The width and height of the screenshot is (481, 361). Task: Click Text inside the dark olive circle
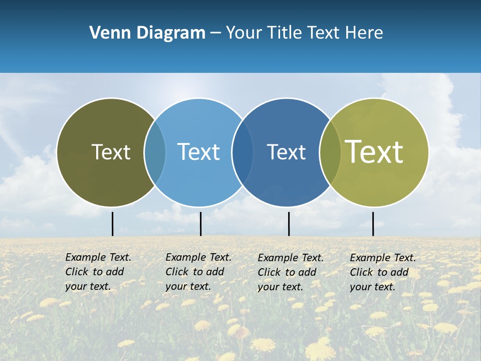pos(111,152)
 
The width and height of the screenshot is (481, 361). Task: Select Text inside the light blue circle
pos(199,152)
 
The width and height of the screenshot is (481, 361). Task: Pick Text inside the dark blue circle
pos(286,152)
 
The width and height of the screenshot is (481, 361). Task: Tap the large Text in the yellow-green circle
pos(374,152)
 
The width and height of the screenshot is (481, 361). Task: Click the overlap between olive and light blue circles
pos(155,152)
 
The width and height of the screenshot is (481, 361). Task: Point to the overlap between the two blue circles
pos(243,152)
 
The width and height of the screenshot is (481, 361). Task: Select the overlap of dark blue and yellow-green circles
pos(329,152)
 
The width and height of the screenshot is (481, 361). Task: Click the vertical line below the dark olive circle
pos(113,224)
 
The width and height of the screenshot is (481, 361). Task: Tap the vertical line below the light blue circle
pos(200,224)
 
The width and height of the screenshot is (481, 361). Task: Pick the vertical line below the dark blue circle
pos(289,224)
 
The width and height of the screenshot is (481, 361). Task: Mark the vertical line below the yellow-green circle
pos(373,224)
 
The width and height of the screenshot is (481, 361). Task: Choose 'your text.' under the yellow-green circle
pos(372,287)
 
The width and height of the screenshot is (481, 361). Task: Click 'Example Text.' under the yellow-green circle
pos(383,258)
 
